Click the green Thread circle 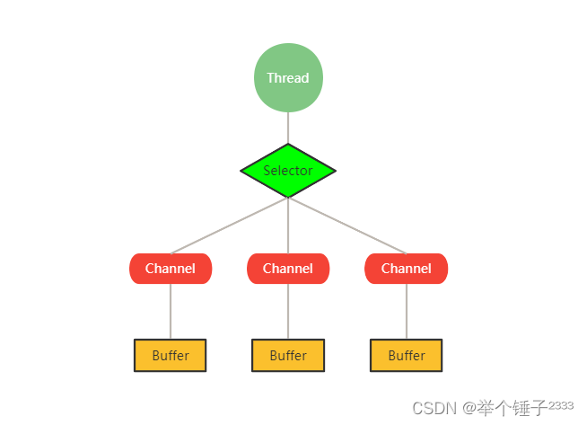tap(288, 78)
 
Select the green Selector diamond tap(288, 171)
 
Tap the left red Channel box tap(171, 269)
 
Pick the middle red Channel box tap(288, 269)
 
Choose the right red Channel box tap(407, 269)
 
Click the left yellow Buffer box tap(171, 355)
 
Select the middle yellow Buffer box tap(288, 355)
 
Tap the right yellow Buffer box tap(407, 355)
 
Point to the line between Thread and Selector tap(288, 128)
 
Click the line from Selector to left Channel tap(229, 226)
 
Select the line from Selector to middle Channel tap(288, 225)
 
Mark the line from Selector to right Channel tap(347, 226)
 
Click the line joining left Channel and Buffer tap(171, 311)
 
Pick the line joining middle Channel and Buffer tap(288, 311)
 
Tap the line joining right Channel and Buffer tap(407, 311)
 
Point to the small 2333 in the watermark tap(561, 405)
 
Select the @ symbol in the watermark tap(469, 408)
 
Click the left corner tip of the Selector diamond tap(242, 171)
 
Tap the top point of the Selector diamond tap(288, 145)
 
